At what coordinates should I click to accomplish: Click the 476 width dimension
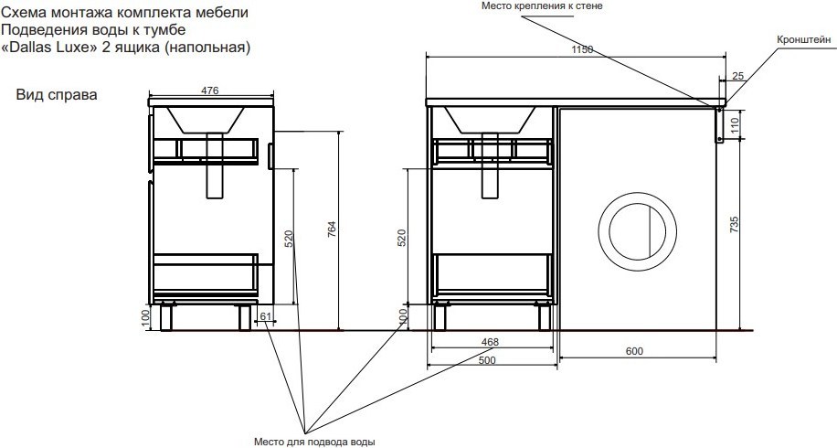tap(210, 91)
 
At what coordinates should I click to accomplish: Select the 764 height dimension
tap(332, 229)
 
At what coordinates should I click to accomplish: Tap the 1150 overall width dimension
tap(582, 49)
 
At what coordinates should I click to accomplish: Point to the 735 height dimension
tap(734, 224)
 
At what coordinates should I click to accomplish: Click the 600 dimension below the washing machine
tap(634, 351)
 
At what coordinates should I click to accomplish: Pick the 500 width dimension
tap(487, 360)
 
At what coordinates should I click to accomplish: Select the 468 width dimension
tap(490, 342)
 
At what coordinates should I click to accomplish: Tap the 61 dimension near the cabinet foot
tap(265, 317)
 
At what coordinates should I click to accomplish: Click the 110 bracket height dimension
tap(734, 125)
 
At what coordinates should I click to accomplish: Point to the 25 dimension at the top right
tap(737, 76)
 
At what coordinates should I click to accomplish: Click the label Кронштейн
tap(804, 39)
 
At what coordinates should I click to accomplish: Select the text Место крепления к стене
tap(542, 6)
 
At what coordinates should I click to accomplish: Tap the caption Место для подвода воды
tap(314, 442)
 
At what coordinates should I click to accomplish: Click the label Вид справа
tap(57, 95)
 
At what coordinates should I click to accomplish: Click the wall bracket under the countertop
tap(719, 123)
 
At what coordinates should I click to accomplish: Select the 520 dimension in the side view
tap(289, 238)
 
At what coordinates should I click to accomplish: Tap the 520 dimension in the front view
tap(402, 238)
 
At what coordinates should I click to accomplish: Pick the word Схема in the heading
tap(22, 12)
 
